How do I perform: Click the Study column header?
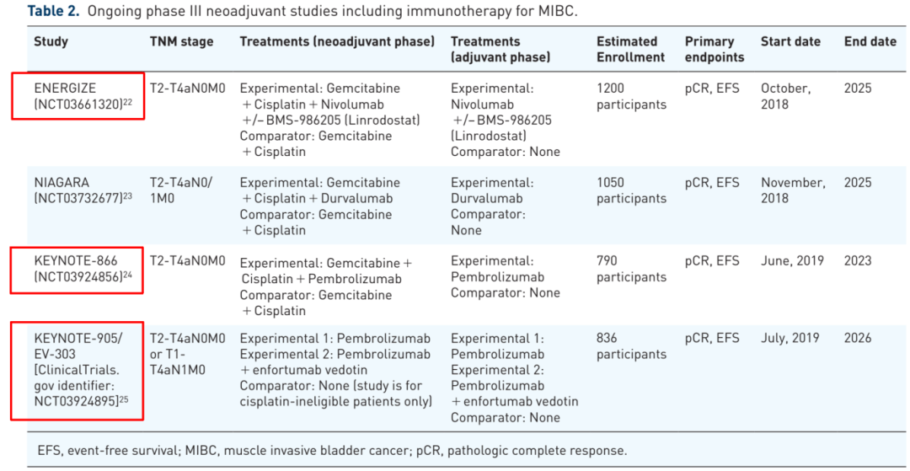coord(51,42)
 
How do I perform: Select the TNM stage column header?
coord(182,42)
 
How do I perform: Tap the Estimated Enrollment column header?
coord(630,50)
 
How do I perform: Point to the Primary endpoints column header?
coord(715,50)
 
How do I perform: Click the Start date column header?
coord(790,42)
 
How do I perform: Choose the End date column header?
coord(870,42)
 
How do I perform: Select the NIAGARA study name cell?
coord(83,190)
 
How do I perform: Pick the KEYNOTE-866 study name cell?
coord(82,268)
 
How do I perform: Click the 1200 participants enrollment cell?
coord(631,96)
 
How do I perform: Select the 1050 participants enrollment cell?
coord(631,190)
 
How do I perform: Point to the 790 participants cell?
coord(631,268)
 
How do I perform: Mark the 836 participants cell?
coord(631,345)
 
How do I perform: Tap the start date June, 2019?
coord(792,261)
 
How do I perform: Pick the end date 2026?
coord(858,338)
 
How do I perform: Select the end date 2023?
coord(858,260)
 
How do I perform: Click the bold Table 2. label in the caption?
coord(53,12)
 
